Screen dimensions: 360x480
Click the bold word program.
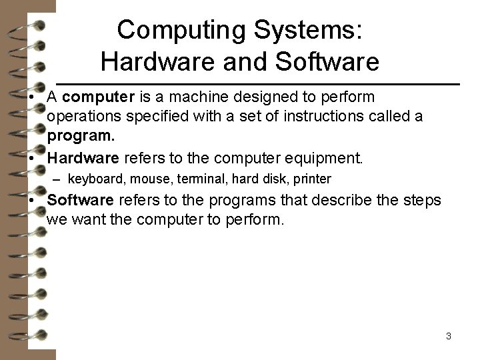(x=82, y=136)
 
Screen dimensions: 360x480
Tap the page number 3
(x=449, y=336)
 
